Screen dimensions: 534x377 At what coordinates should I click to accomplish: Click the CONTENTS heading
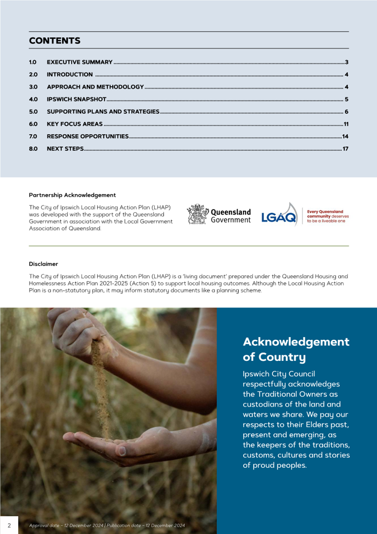tap(55, 41)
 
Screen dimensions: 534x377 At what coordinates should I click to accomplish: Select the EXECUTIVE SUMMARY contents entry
tap(79, 63)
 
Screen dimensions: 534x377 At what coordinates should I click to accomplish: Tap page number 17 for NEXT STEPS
tap(345, 148)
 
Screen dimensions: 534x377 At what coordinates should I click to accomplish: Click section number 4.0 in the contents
tap(33, 99)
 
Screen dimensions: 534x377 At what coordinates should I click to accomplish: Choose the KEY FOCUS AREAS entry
tap(75, 124)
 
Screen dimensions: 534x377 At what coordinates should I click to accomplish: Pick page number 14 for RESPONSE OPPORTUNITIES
tap(345, 136)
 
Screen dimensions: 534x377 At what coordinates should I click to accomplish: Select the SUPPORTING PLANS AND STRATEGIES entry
tap(103, 112)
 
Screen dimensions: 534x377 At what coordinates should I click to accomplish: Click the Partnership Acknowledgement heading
tap(72, 195)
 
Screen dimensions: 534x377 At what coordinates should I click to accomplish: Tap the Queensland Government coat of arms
tap(197, 214)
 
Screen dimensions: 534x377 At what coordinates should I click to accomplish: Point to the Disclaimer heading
tap(43, 264)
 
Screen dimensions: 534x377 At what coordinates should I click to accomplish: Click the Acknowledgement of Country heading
tap(296, 349)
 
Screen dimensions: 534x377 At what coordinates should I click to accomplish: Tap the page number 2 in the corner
tap(9, 525)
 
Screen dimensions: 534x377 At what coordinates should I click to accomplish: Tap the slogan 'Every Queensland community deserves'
tap(327, 214)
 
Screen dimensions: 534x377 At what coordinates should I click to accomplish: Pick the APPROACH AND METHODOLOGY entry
tap(95, 87)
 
